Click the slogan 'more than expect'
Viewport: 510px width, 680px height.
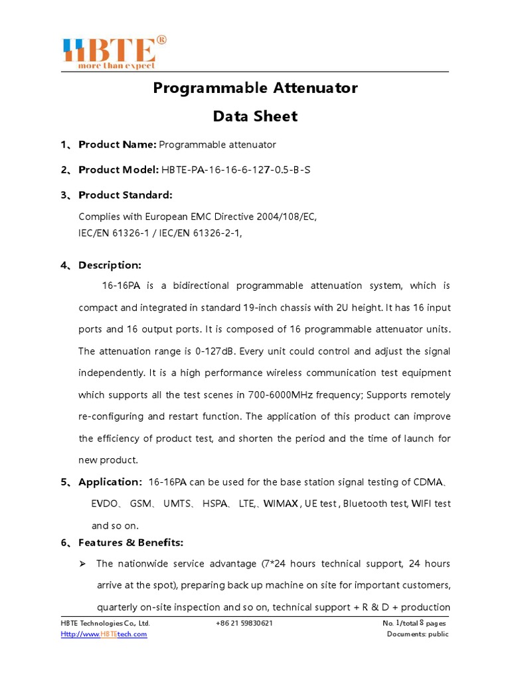[x=117, y=66]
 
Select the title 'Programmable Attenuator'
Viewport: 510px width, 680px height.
[x=255, y=88]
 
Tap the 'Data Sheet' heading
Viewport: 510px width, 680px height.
[x=255, y=116]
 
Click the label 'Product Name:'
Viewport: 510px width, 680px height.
[x=118, y=144]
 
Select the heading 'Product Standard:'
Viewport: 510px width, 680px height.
[x=125, y=195]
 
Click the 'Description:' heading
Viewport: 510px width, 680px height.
[x=110, y=265]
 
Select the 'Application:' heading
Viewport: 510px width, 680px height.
[x=110, y=481]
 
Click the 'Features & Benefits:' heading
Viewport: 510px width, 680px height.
[x=131, y=543]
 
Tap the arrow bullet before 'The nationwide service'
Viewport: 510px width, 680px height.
[x=82, y=564]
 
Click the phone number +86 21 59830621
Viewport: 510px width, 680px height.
[x=244, y=624]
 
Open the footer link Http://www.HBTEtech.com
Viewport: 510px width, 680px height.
[x=104, y=634]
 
